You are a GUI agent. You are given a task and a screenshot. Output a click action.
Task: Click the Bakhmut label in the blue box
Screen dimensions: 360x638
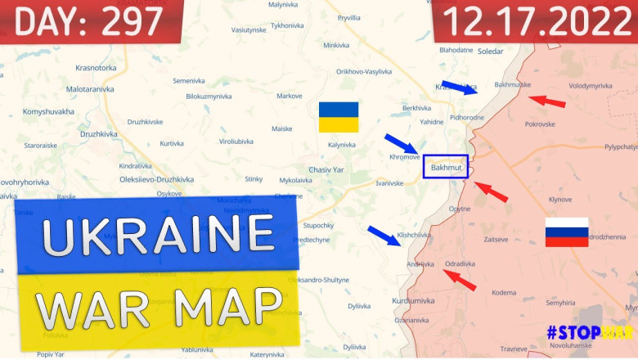(x=446, y=168)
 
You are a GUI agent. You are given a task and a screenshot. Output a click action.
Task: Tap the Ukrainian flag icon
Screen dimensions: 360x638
(x=339, y=117)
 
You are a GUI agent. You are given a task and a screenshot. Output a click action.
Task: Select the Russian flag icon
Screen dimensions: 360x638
(x=567, y=232)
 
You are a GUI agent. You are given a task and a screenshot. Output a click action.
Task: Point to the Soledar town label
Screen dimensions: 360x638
(x=490, y=52)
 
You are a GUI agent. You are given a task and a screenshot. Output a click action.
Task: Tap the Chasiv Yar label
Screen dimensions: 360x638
(x=326, y=169)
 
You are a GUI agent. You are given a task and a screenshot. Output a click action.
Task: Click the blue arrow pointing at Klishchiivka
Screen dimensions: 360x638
(x=384, y=236)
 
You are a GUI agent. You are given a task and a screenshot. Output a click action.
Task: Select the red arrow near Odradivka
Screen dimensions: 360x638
(x=460, y=280)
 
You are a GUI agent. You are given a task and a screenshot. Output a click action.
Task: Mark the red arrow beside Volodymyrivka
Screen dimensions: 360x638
(x=546, y=101)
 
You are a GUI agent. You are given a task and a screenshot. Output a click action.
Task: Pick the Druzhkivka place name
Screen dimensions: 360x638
(x=98, y=133)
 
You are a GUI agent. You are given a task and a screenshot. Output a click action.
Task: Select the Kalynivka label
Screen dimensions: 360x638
(x=342, y=145)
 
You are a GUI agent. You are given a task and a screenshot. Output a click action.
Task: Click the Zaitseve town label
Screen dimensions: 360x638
(x=496, y=240)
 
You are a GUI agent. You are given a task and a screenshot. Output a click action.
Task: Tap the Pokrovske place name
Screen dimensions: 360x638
(x=540, y=124)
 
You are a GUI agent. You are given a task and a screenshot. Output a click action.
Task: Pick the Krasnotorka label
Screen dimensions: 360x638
(x=96, y=68)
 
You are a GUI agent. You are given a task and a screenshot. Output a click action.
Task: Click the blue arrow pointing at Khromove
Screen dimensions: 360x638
(x=401, y=143)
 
